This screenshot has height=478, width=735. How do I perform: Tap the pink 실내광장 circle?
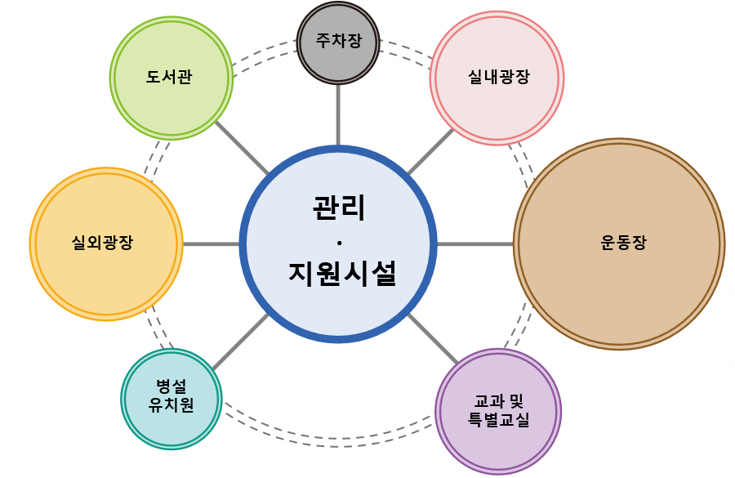tap(497, 78)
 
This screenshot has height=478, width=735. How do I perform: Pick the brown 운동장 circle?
tap(619, 243)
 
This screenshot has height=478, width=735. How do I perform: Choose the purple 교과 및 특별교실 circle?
tap(498, 411)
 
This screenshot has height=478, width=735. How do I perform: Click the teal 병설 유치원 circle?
tap(171, 398)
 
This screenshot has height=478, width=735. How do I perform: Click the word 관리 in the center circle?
tap(338, 208)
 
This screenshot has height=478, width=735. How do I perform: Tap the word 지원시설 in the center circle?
tap(341, 273)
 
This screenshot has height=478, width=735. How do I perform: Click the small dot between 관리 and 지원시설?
tap(338, 242)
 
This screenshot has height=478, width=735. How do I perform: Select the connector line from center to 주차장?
tap(338, 114)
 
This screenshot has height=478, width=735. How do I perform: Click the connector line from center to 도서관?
tap(242, 148)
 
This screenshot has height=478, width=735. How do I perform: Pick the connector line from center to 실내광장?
tap(430, 151)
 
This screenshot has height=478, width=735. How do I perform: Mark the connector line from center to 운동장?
tap(475, 243)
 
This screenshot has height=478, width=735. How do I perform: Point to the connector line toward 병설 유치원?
tap(241, 342)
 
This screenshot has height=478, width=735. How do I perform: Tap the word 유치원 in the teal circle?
tap(171, 405)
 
